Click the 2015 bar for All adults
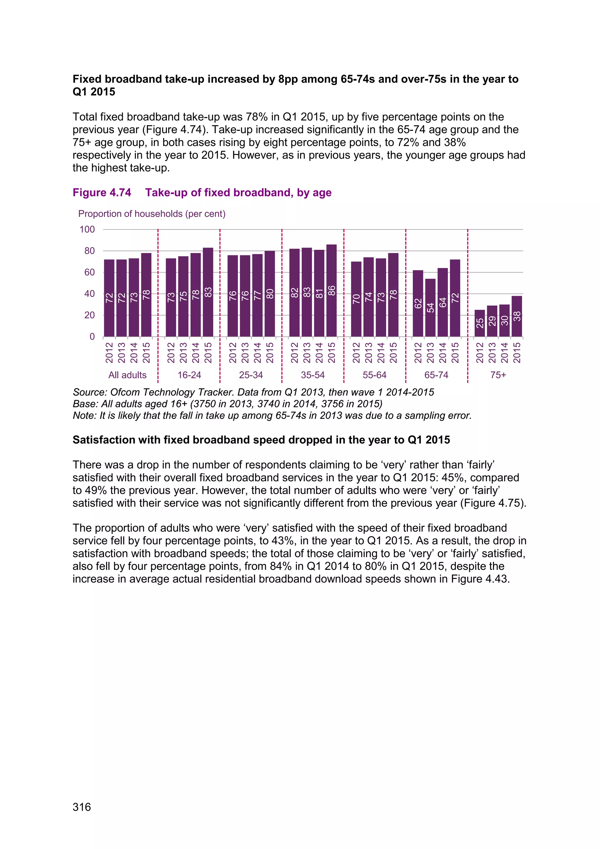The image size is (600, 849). [x=146, y=296]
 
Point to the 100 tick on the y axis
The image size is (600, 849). [x=87, y=230]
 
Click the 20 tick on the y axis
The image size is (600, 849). [x=89, y=315]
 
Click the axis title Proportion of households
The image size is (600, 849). [x=151, y=214]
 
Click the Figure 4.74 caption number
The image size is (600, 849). [x=102, y=193]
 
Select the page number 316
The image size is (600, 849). [x=82, y=807]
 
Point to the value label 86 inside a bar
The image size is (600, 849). [x=331, y=291]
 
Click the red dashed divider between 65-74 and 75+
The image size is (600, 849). [x=468, y=303]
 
